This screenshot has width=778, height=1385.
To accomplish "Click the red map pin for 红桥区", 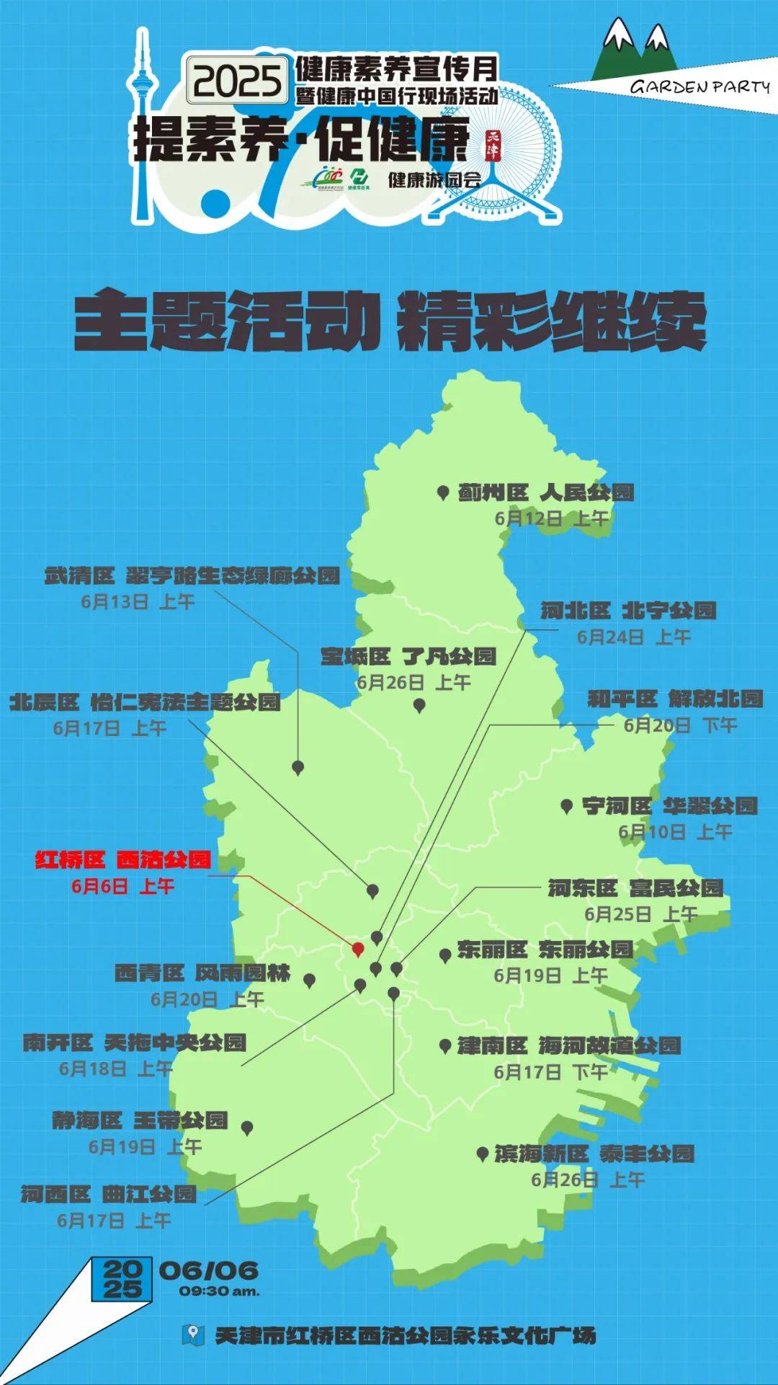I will (358, 949).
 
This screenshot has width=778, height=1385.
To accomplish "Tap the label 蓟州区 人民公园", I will (545, 493).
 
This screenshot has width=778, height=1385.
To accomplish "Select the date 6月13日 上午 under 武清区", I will (138, 602).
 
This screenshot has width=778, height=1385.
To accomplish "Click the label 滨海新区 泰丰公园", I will (594, 1154).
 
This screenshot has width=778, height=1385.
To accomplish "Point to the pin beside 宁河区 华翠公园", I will (567, 806).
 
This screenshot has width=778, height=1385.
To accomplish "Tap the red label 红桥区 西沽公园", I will (123, 860).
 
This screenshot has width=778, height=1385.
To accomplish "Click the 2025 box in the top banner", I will (236, 79).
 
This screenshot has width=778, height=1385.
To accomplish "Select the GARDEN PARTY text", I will (699, 87).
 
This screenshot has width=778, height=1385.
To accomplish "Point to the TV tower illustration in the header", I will (144, 123).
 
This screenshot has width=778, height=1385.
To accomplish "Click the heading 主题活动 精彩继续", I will (390, 322).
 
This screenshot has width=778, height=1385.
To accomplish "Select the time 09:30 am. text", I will (219, 1291).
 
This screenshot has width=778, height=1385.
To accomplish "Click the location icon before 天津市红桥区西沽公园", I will (192, 1335).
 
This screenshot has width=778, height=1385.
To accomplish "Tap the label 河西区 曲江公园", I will (109, 1195).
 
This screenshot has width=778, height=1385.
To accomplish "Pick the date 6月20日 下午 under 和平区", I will (679, 725).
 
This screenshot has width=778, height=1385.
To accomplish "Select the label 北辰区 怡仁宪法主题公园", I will (145, 702).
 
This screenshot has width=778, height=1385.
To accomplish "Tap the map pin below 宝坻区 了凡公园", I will (419, 706).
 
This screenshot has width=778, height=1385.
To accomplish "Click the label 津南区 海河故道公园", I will (569, 1045).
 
